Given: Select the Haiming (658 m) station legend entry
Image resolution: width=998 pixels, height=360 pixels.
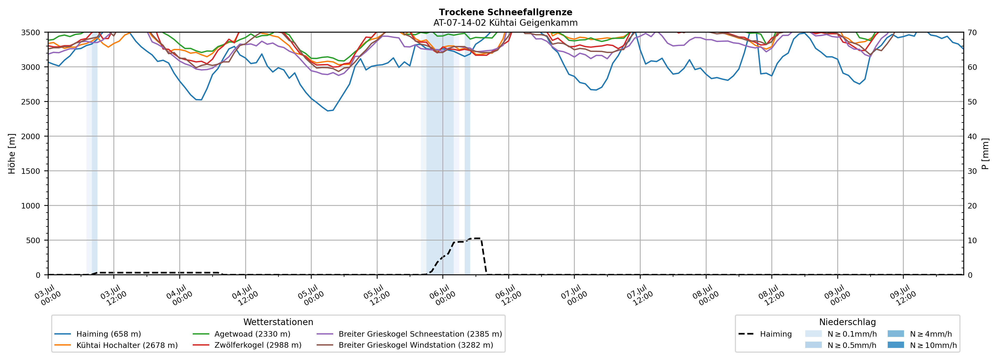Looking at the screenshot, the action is click(98, 334).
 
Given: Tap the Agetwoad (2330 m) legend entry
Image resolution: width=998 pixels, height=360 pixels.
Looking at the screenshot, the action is click(241, 334).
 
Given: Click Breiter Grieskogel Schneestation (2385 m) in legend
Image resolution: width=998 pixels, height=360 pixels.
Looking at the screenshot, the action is click(409, 334).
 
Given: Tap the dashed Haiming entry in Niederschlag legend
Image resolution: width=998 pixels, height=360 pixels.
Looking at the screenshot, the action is click(765, 334).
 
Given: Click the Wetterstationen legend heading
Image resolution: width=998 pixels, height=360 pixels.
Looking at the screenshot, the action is click(278, 322).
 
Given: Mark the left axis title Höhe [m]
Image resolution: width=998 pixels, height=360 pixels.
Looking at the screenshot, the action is click(12, 153).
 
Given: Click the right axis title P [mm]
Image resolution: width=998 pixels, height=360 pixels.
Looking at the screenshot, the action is click(986, 153).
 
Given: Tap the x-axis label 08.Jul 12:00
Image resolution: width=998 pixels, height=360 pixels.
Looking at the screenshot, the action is click(771, 295).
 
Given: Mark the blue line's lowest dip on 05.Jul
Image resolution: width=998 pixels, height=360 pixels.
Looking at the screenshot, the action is click(328, 111).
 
